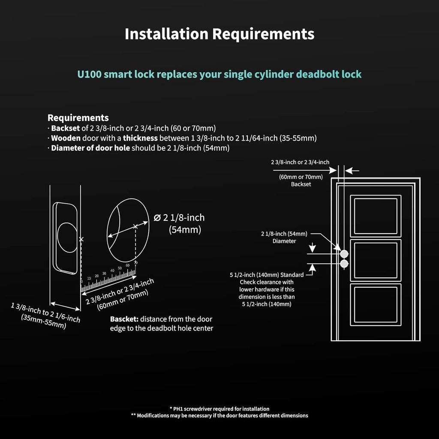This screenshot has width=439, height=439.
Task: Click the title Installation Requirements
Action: click(x=219, y=34)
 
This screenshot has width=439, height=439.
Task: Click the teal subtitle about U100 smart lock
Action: click(x=219, y=74)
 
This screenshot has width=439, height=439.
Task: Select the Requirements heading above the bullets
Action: click(x=78, y=117)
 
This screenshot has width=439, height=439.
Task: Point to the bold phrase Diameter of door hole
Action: click(x=90, y=148)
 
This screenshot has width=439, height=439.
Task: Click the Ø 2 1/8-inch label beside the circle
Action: click(x=179, y=217)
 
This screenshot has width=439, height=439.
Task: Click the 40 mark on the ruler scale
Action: click(x=112, y=270)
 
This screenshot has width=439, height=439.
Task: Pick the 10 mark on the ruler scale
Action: click(x=89, y=279)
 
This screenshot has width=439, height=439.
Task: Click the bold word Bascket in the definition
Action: click(x=123, y=319)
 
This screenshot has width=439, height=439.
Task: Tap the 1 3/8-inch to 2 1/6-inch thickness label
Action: click(x=45, y=312)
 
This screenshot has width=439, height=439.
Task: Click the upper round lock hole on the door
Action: click(x=344, y=253)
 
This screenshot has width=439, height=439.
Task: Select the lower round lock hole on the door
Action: click(x=344, y=264)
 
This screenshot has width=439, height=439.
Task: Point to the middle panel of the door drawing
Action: click(x=376, y=260)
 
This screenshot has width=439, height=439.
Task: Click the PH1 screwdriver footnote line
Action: click(x=219, y=409)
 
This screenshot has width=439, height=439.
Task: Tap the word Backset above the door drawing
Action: click(x=301, y=184)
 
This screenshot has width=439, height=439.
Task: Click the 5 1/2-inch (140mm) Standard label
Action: click(x=267, y=275)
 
